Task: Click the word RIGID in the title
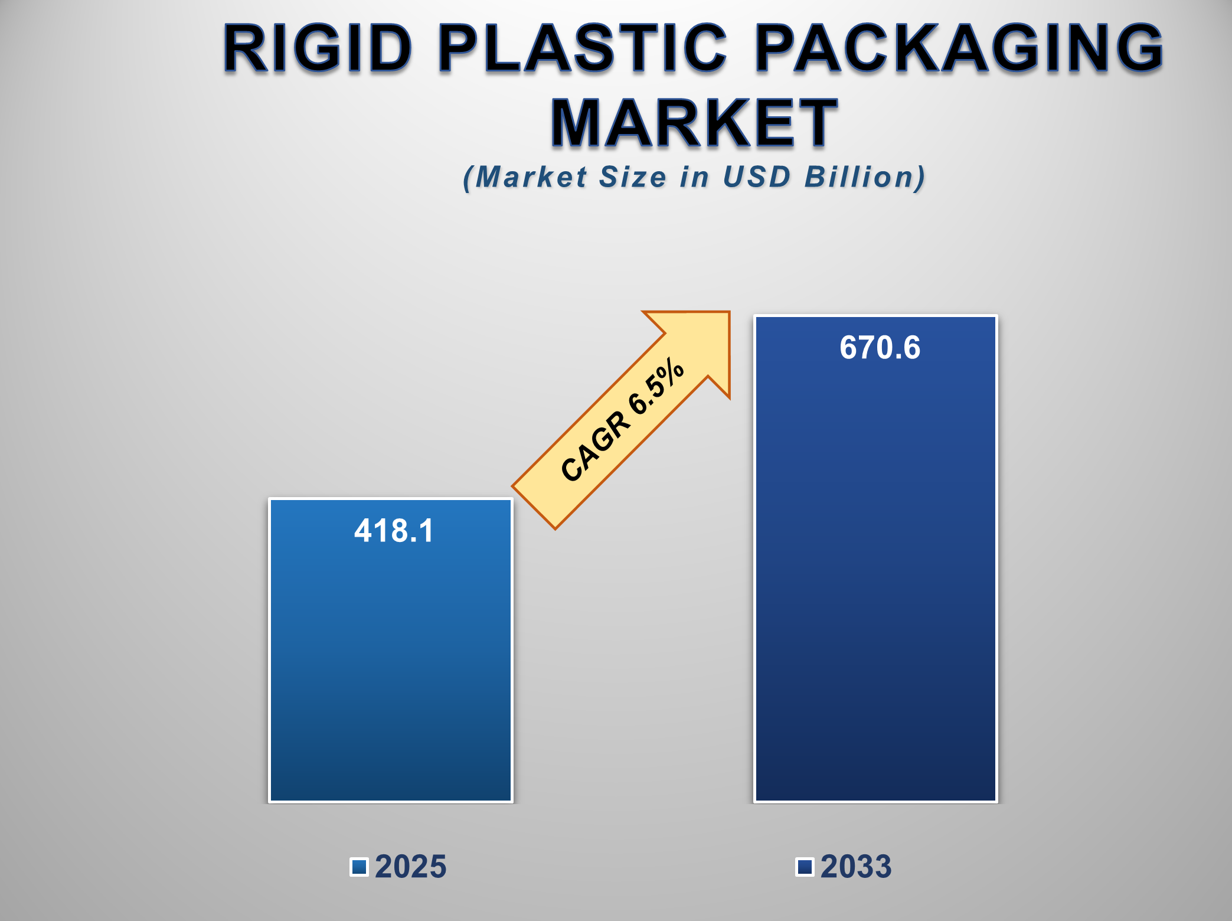318,48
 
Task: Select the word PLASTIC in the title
583,48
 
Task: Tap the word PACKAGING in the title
959,48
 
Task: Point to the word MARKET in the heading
694,123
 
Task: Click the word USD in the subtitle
757,177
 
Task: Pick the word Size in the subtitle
633,177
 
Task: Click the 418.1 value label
394,530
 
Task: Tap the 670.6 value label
880,347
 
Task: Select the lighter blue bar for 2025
391,651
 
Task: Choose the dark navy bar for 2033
876,559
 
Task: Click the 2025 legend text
411,867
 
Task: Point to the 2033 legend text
856,867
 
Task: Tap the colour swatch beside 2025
360,867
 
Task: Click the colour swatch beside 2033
805,867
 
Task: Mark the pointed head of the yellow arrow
730,312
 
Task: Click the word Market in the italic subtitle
531,177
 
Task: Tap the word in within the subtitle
695,177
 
